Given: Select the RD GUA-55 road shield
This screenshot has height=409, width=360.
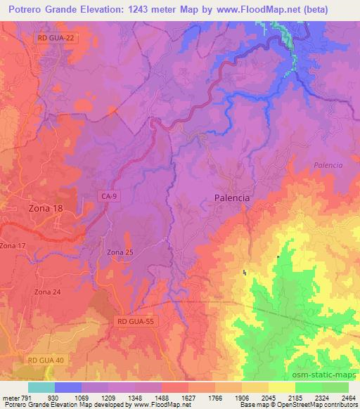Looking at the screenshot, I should [x=134, y=320].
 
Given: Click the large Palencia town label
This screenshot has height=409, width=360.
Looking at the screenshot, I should [x=231, y=198].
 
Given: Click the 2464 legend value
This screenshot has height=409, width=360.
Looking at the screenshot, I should [x=349, y=397].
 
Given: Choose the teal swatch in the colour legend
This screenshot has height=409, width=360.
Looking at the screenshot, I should [x=41, y=387].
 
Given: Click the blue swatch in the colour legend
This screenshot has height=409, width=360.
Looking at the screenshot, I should [x=68, y=387].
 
